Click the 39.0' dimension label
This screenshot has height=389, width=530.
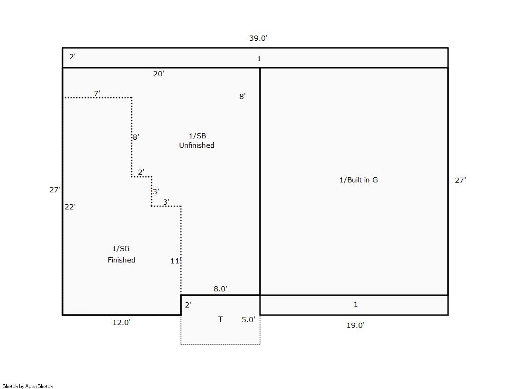[x=258, y=38]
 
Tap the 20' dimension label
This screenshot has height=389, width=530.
[x=159, y=74]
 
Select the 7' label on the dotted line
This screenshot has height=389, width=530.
[x=97, y=93]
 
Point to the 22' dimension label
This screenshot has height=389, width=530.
[x=70, y=207]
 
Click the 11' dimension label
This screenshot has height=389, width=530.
[x=175, y=261]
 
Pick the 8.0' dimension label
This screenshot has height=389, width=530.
[x=220, y=289]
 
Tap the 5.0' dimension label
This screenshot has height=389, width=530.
[x=249, y=320]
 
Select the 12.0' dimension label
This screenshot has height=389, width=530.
[x=122, y=322]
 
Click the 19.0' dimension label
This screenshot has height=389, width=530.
[x=356, y=325]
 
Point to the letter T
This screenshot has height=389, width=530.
[x=220, y=319]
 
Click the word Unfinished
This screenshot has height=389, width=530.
[x=197, y=145]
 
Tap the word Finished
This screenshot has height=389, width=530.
[x=121, y=260]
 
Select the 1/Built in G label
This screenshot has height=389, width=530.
[x=359, y=180]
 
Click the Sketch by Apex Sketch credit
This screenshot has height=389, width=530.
[x=28, y=386]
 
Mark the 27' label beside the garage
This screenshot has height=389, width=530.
[x=460, y=181]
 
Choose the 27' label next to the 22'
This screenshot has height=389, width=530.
[x=55, y=190]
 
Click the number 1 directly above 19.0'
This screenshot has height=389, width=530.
[x=356, y=304]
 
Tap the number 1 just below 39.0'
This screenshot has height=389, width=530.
[x=259, y=59]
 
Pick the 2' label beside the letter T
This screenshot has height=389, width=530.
[x=188, y=305]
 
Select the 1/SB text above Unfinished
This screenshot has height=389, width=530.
[x=198, y=136]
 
